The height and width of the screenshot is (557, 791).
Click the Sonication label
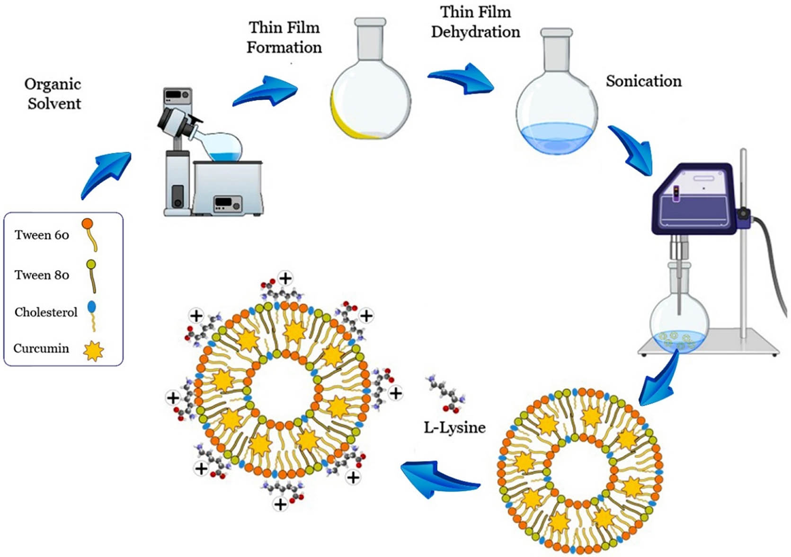click(643, 81)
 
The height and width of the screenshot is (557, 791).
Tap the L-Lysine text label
click(454, 427)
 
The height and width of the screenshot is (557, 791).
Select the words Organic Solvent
click(53, 94)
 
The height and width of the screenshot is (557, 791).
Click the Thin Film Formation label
click(284, 37)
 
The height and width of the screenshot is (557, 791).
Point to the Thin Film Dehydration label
click(475, 22)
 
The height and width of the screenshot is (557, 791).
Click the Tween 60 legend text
click(42, 235)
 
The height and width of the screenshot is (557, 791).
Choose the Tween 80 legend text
click(42, 275)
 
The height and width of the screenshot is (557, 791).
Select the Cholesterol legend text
click(45, 312)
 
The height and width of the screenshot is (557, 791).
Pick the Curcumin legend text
click(41, 349)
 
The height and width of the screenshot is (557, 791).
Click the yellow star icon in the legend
click(93, 351)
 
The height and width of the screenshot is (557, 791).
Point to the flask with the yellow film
click(370, 95)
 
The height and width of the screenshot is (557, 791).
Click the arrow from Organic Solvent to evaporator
click(105, 174)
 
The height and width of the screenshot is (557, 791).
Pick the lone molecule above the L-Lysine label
click(446, 393)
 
